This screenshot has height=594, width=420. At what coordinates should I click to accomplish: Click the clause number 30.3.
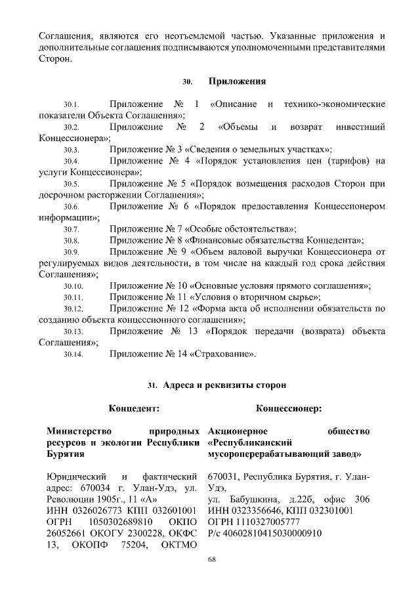72,150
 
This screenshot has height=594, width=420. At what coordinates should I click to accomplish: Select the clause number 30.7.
72,230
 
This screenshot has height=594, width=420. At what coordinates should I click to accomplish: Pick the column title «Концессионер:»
289,409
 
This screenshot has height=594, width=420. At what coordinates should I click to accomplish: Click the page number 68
211,559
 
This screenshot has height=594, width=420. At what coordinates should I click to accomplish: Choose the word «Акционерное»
237,431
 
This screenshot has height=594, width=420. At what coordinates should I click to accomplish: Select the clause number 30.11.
72,297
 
